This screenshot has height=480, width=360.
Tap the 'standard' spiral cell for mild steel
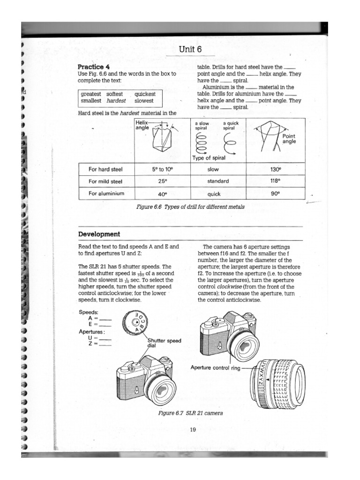(x=218, y=181)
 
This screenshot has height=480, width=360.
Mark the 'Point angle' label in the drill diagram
(x=289, y=138)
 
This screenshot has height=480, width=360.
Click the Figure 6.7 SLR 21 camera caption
(x=190, y=413)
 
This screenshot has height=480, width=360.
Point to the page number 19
(x=193, y=430)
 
